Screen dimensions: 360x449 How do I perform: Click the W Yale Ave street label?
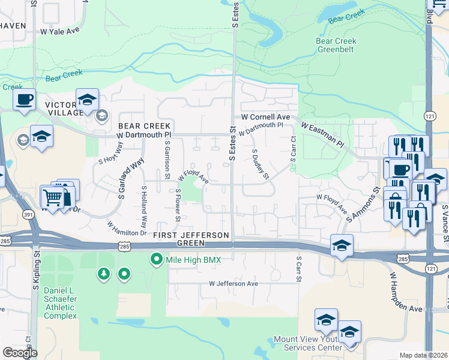tap(61, 30)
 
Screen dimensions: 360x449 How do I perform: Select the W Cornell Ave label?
tap(265, 116)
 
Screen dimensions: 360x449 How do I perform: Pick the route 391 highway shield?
tap(28, 215)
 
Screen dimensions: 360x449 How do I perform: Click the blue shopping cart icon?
tap(52, 197)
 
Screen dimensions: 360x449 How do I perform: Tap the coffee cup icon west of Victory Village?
tap(24, 100)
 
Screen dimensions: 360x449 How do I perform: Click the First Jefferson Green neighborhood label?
tap(191, 239)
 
